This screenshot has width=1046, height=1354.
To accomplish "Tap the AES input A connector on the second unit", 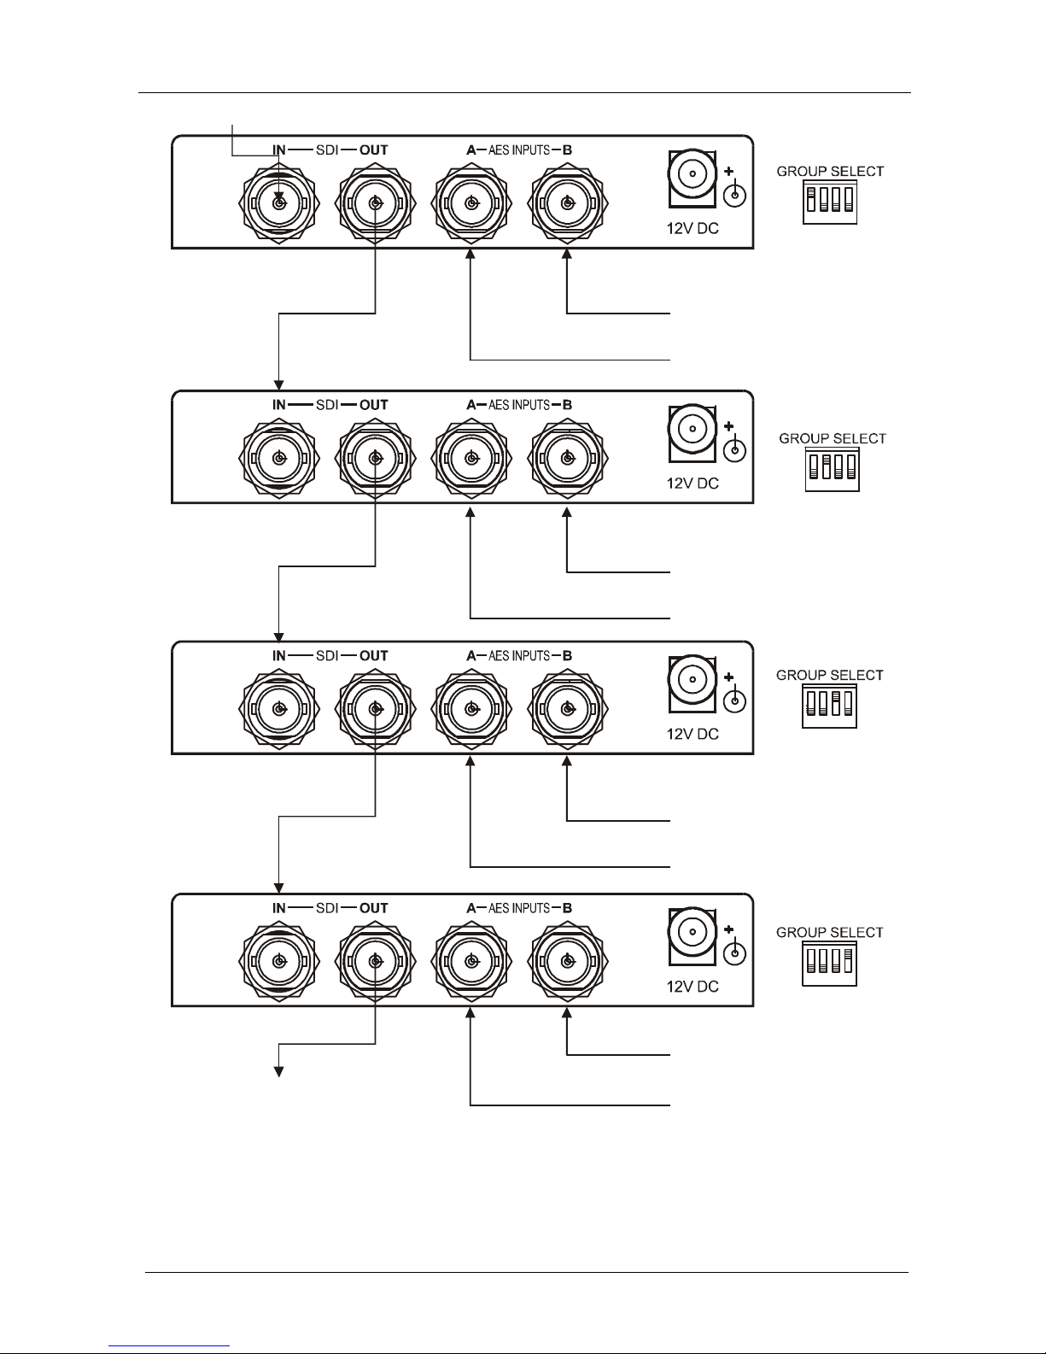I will pyautogui.click(x=470, y=459).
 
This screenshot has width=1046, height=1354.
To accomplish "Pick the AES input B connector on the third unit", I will pyautogui.click(x=566, y=709).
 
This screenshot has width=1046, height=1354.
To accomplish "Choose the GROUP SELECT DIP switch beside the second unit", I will pyautogui.click(x=833, y=469).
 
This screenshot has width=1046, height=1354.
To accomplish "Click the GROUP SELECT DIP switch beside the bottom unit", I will pyautogui.click(x=829, y=964).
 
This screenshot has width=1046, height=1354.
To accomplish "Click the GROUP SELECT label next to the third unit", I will pyautogui.click(x=829, y=675).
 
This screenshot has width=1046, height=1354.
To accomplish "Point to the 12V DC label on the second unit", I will pyautogui.click(x=692, y=484).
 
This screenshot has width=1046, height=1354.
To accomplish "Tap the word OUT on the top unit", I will pyautogui.click(x=373, y=150).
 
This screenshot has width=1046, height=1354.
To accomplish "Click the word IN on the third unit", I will pyautogui.click(x=278, y=656).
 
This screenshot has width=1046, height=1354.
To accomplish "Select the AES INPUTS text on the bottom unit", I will pyautogui.click(x=519, y=909).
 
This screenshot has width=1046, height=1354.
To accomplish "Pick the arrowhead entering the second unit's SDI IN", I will pyautogui.click(x=278, y=382).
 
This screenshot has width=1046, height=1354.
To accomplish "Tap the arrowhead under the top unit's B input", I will pyautogui.click(x=566, y=255).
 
